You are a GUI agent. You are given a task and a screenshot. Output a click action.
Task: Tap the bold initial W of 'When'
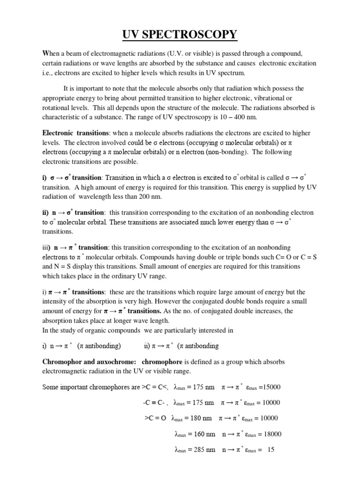point(45,53)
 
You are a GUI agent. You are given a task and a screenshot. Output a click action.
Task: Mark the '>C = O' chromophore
point(155,418)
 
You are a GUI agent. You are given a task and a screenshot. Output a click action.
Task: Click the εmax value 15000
point(273,387)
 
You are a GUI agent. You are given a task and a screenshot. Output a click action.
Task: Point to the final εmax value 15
point(270,450)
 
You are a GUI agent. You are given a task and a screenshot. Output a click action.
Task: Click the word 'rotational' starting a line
point(56,107)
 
